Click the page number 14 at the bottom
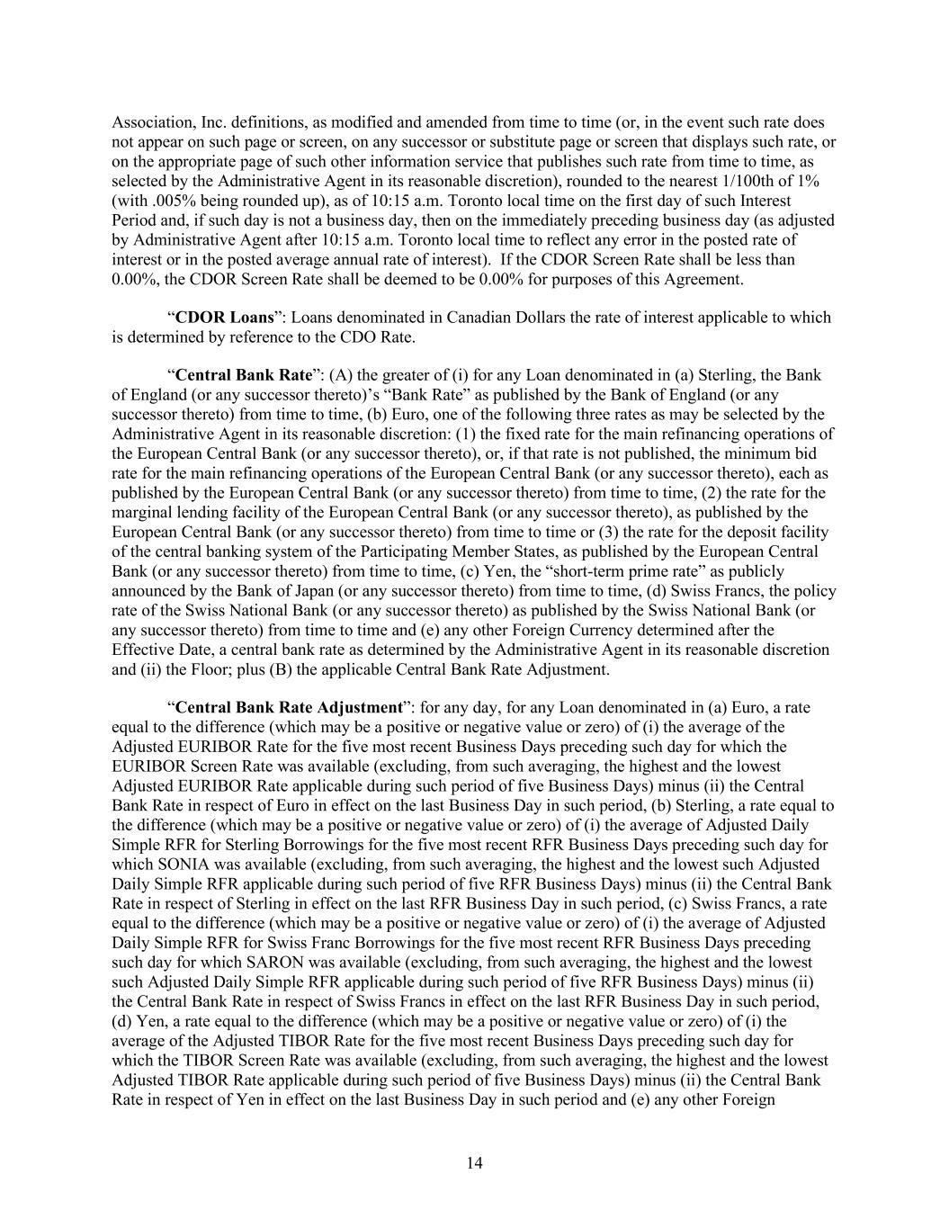475,1163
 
